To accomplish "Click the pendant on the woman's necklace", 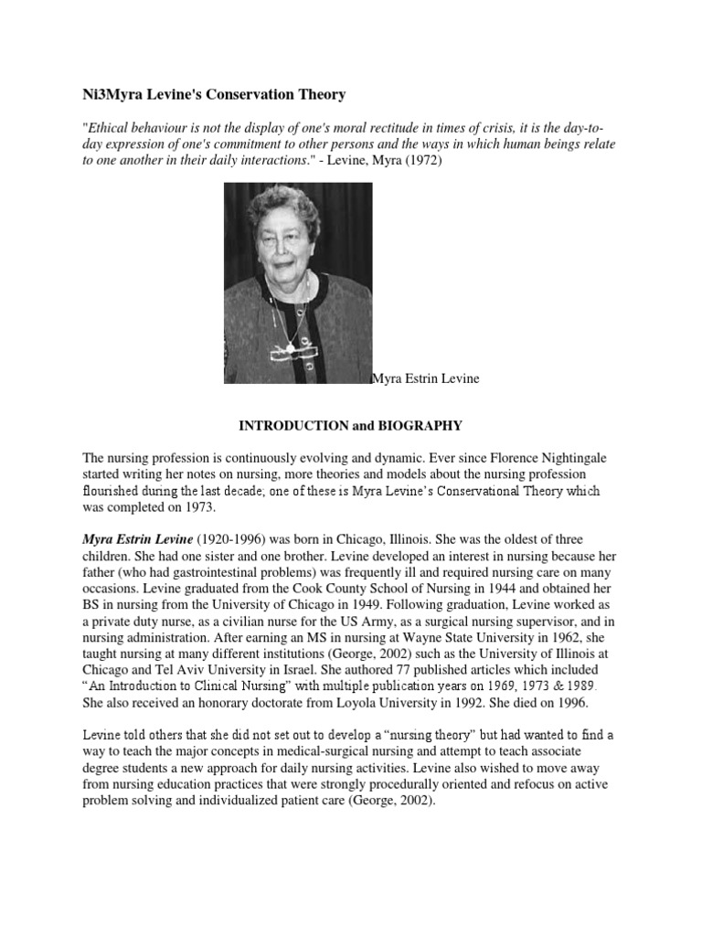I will tap(291, 346).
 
